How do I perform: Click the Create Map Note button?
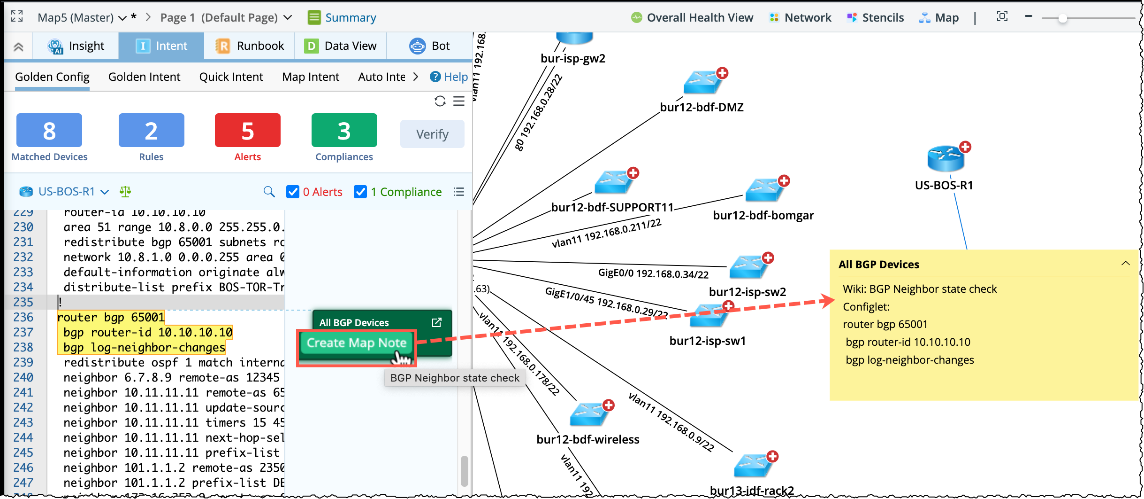tap(356, 343)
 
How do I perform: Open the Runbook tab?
tap(250, 46)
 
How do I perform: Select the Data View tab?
tap(341, 46)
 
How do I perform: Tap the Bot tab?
tap(430, 46)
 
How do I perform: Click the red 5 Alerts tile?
tap(247, 131)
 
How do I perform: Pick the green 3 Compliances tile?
tap(344, 131)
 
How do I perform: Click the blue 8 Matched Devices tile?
tap(49, 131)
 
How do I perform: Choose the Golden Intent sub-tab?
tap(144, 77)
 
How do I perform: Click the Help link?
tap(449, 77)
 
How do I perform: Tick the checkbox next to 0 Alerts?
tap(293, 192)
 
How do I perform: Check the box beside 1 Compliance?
tap(360, 192)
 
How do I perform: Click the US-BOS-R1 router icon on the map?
tap(946, 159)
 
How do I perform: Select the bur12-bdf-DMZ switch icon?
tap(702, 83)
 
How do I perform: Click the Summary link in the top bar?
tap(342, 18)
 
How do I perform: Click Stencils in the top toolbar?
tap(876, 18)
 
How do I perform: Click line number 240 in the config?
tap(23, 378)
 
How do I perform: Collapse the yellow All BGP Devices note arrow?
tap(1125, 264)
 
